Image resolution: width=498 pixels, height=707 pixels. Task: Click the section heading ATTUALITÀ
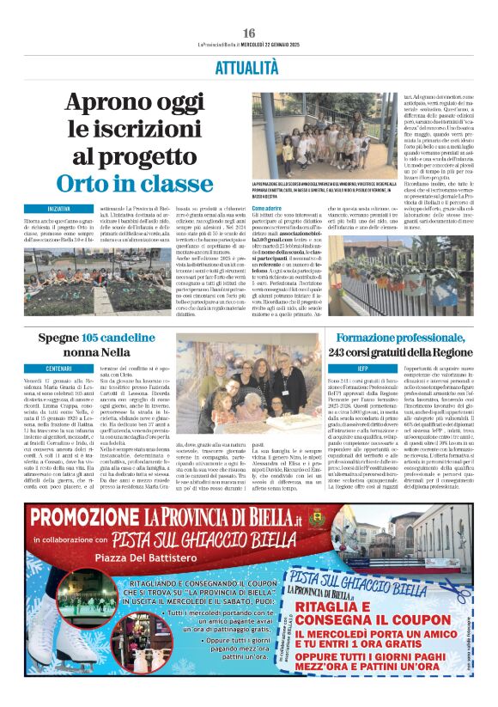coord(248,67)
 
